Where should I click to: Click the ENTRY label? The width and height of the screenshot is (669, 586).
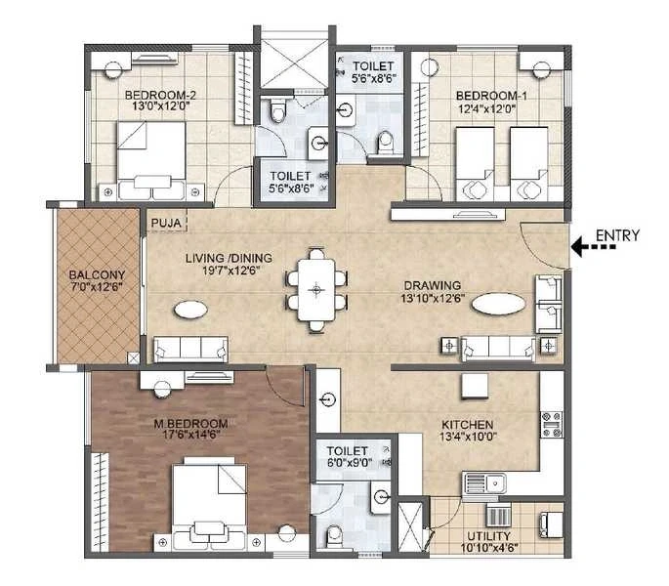pyautogui.click(x=617, y=235)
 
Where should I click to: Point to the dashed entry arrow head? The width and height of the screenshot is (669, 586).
pyautogui.click(x=577, y=247)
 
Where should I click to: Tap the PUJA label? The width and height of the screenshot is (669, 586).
pyautogui.click(x=166, y=223)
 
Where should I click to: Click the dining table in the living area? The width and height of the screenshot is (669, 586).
pyautogui.click(x=316, y=290)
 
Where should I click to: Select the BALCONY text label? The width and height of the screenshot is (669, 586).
pyautogui.click(x=98, y=274)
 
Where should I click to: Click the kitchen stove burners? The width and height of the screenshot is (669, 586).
pyautogui.click(x=551, y=425)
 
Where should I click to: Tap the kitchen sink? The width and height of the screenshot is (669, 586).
pyautogui.click(x=484, y=483)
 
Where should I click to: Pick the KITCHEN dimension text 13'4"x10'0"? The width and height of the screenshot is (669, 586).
pyautogui.click(x=468, y=437)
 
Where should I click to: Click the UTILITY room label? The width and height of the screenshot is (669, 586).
pyautogui.click(x=489, y=536)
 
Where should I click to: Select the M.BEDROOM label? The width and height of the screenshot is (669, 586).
pyautogui.click(x=190, y=424)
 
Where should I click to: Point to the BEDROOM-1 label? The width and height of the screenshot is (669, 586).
pyautogui.click(x=491, y=96)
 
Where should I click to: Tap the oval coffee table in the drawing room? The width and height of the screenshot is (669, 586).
pyautogui.click(x=498, y=304)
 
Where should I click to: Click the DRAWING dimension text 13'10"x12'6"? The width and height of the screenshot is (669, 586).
pyautogui.click(x=433, y=298)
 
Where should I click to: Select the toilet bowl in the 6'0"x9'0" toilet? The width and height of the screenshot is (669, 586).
pyautogui.click(x=334, y=535)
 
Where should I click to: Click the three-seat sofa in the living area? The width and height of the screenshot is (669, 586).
pyautogui.click(x=190, y=350)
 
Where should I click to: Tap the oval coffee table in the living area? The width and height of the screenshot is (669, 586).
pyautogui.click(x=190, y=309)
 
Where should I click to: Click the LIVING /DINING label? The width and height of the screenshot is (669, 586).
pyautogui.click(x=230, y=258)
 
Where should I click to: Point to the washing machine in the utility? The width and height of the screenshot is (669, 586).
pyautogui.click(x=552, y=524)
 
